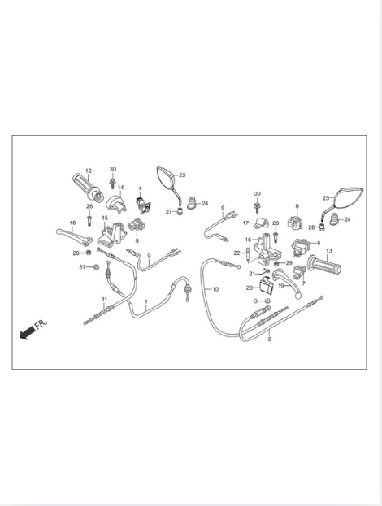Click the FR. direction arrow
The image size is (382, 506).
tap(27, 332)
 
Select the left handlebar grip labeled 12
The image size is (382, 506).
tap(88, 187)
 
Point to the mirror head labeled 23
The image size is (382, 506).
tap(167, 178)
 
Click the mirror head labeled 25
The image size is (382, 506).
tap(347, 197)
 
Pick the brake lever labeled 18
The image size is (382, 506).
tap(74, 236)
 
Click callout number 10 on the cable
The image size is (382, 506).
tap(215, 289)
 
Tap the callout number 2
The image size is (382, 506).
tap(269, 339)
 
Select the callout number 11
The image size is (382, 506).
tap(104, 299)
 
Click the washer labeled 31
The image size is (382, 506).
tap(96, 267)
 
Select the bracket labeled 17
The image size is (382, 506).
tap(262, 223)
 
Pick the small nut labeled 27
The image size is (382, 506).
tap(179, 212)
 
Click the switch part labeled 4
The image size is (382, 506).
tap(142, 205)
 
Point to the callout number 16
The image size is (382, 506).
tap(248, 240)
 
